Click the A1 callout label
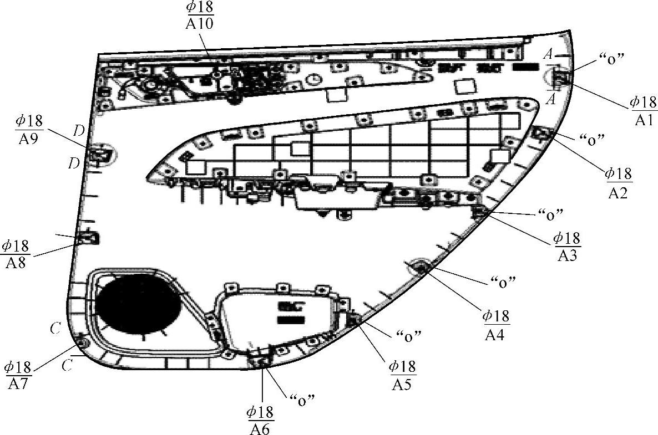pos(644,120)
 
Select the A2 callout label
pos(618,192)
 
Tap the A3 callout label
pos(566,256)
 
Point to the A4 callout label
pos(495,334)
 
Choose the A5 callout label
pos(402,383)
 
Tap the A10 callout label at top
pos(200,24)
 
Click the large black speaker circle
pos(138,304)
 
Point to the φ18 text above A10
pos(200,8)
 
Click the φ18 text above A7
pos(18,367)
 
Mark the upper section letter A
pos(548,53)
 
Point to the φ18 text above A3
pos(566,238)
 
